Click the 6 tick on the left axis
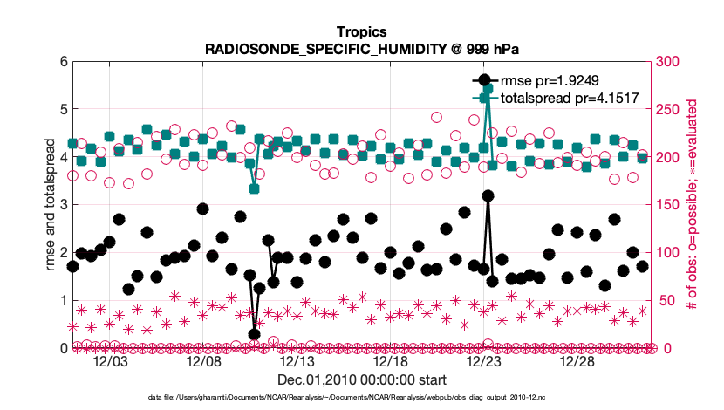click(x=62, y=62)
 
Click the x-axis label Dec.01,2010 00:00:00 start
click(x=361, y=380)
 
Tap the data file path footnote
click(x=361, y=397)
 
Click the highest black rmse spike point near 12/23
click(x=488, y=196)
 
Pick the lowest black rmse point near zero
click(x=254, y=334)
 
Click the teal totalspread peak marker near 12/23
click(x=488, y=89)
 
